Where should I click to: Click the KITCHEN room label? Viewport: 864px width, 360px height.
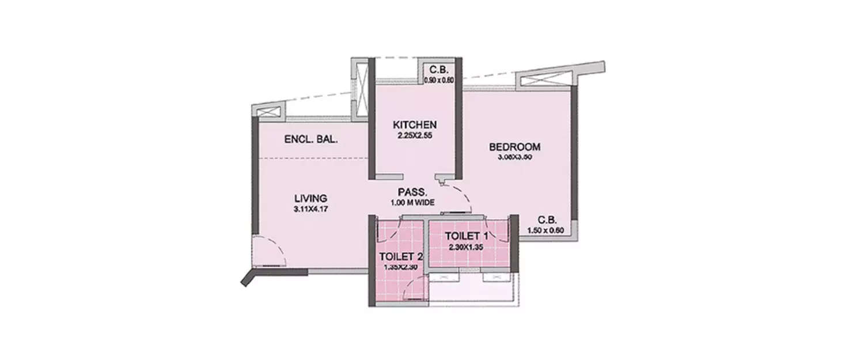(x=415, y=124)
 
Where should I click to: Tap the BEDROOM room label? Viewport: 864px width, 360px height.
(x=515, y=146)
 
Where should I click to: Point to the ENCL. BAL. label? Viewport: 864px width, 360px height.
(x=311, y=139)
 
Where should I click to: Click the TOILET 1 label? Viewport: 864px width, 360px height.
(x=467, y=236)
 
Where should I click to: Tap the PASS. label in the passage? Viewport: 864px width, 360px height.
(x=412, y=192)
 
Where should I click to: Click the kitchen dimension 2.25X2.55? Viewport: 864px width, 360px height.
(x=415, y=136)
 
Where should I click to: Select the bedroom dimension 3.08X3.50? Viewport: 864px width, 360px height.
(x=515, y=157)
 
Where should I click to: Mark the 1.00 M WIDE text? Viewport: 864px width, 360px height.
(x=412, y=202)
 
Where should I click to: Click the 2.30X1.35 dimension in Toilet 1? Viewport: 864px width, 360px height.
(x=467, y=246)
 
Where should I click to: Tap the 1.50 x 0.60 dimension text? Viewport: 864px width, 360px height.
(x=545, y=231)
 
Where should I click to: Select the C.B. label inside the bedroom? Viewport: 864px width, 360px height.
(x=547, y=220)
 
